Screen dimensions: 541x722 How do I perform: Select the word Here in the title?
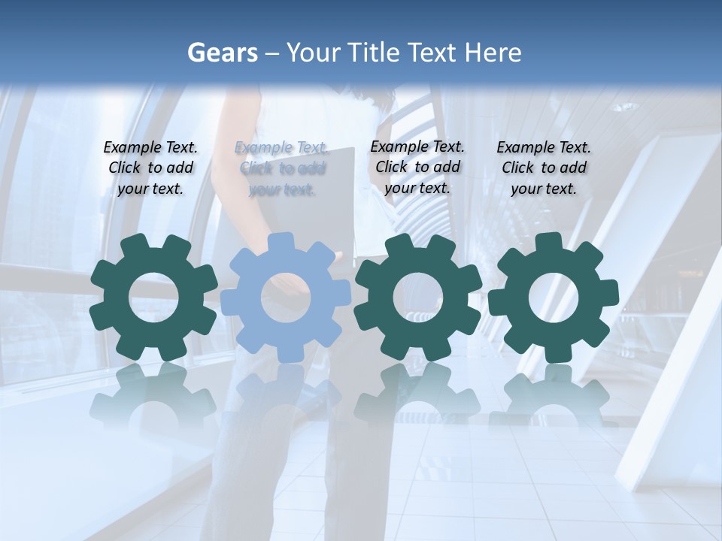493,53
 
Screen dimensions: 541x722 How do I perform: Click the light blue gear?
286,298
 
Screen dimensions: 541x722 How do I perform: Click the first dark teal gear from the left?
153,298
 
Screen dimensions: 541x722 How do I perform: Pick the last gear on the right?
554,298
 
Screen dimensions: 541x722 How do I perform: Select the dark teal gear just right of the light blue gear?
418,298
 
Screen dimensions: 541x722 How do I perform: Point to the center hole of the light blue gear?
286,298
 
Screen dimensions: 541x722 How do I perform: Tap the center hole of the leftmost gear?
153,298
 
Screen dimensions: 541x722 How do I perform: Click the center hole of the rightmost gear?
554,298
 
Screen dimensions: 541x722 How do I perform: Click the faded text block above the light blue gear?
282,168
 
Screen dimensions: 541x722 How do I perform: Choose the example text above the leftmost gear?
150,168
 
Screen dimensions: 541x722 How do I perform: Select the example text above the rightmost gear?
544,168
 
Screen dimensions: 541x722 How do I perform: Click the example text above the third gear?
417,167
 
